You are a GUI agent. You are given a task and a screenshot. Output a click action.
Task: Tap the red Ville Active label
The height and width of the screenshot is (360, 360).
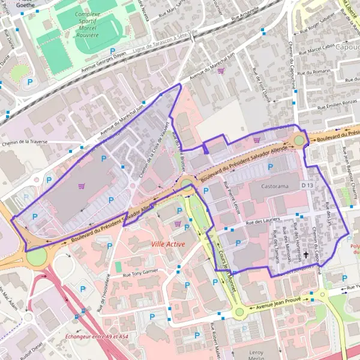[x=169, y=244]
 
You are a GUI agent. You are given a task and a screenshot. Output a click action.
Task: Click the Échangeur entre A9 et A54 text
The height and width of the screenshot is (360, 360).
[x=97, y=337]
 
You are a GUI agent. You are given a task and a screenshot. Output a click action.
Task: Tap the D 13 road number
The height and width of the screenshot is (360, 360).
[x=307, y=186]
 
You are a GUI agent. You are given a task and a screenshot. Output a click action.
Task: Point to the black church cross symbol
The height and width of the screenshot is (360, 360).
[x=307, y=254]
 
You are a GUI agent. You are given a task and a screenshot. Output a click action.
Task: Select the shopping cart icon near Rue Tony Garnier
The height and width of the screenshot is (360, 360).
[x=177, y=224]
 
